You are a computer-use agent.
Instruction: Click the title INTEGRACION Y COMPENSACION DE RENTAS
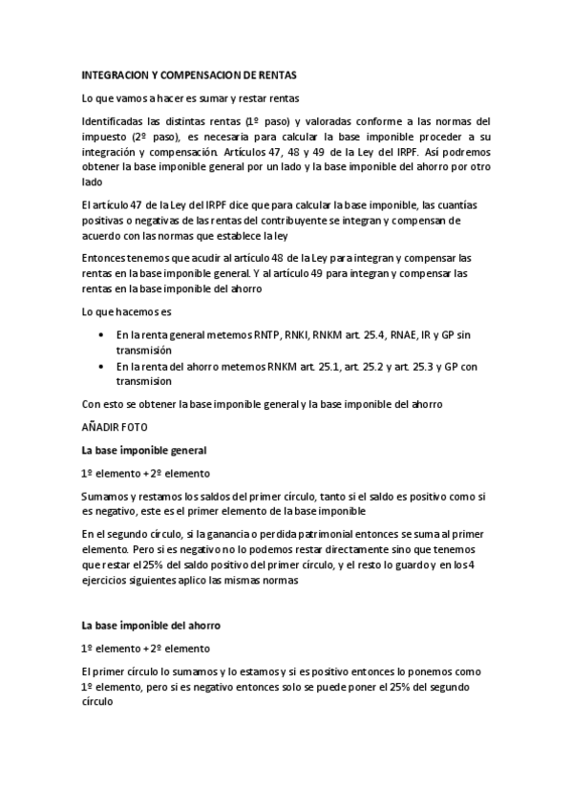(x=189, y=75)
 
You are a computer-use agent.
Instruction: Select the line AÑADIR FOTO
(x=115, y=428)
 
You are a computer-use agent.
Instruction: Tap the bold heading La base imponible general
(x=143, y=450)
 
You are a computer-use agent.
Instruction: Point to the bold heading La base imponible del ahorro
(x=151, y=626)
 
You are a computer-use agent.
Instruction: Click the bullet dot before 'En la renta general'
(x=102, y=336)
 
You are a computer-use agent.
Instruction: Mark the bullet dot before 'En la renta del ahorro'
(x=102, y=367)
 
